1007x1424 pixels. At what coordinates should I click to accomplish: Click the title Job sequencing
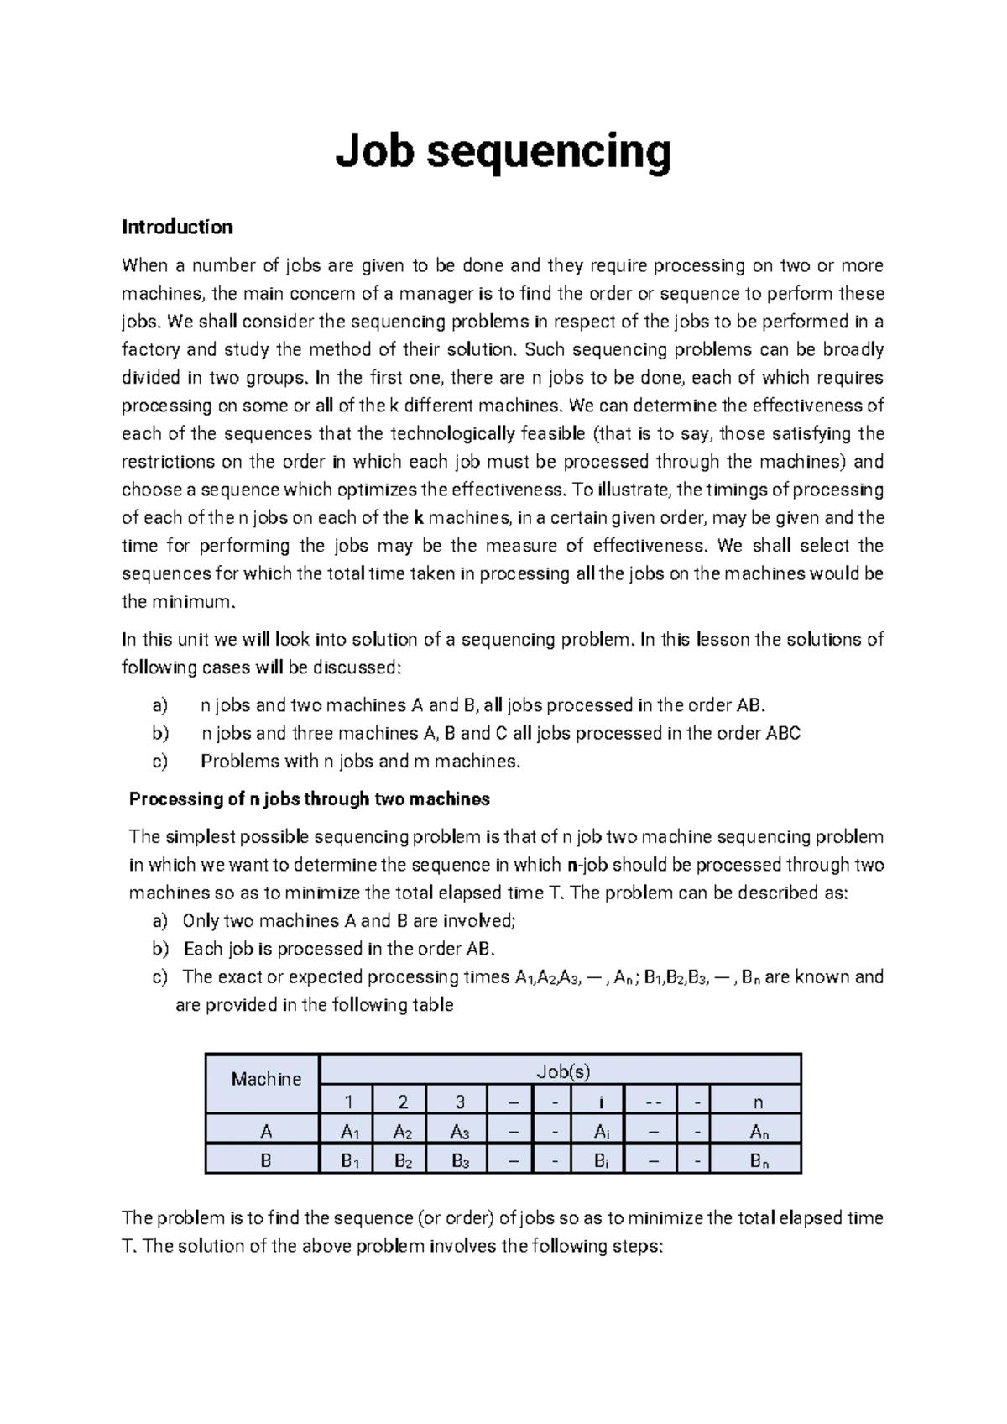(x=503, y=154)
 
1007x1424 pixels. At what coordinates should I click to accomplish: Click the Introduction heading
(x=177, y=227)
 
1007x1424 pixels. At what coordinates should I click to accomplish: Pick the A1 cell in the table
(x=350, y=1132)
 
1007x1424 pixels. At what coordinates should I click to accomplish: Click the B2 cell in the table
(x=402, y=1162)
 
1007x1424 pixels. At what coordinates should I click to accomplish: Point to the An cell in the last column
(x=759, y=1132)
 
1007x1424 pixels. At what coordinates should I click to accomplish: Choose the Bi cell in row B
(x=601, y=1162)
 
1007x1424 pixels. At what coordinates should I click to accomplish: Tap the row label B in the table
(x=266, y=1162)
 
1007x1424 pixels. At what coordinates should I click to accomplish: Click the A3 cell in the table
(x=460, y=1132)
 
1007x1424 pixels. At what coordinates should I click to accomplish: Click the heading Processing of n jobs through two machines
(x=309, y=799)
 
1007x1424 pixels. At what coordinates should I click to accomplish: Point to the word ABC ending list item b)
(x=783, y=733)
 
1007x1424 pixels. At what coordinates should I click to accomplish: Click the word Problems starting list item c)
(x=240, y=762)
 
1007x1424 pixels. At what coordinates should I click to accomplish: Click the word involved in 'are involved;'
(x=477, y=921)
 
